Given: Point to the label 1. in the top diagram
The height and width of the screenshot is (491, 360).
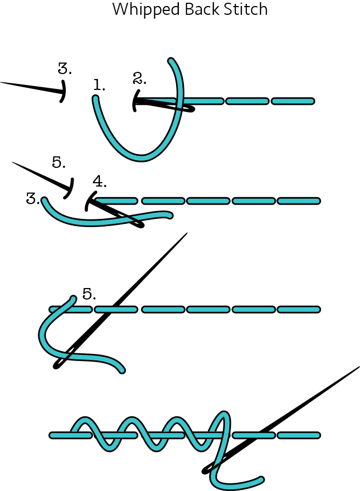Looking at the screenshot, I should [x=99, y=85].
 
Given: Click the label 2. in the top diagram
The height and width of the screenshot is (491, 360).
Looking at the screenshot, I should [x=140, y=78].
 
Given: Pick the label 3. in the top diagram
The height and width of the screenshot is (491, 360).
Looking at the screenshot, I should [x=65, y=69].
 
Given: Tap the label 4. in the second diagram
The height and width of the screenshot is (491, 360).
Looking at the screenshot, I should [x=99, y=182].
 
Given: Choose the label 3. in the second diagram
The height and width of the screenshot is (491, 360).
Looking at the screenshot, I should [x=33, y=199].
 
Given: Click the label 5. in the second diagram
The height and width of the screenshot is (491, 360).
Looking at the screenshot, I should [x=59, y=162].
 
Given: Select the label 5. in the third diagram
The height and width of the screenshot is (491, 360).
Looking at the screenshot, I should [x=89, y=294].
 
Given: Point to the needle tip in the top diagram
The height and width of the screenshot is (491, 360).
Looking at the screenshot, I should [x=2, y=83].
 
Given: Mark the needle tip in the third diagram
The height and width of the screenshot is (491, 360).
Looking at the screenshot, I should [x=187, y=234].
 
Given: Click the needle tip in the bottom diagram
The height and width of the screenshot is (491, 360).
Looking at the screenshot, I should [x=359, y=366].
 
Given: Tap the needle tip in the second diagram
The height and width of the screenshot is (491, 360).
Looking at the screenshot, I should [x=13, y=162].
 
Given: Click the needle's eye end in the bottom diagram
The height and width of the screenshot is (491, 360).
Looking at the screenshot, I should [x=205, y=470].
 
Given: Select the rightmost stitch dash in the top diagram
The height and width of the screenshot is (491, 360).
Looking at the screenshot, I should [x=292, y=101].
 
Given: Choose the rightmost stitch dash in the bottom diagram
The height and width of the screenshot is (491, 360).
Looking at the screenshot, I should [x=299, y=435].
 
